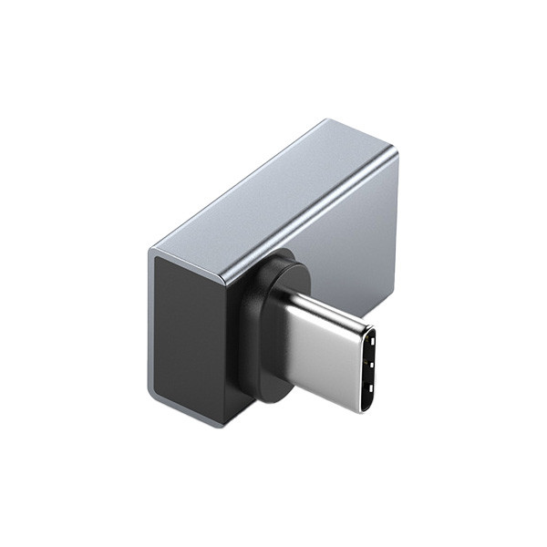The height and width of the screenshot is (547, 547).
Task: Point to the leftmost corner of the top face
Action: (x=150, y=246)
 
